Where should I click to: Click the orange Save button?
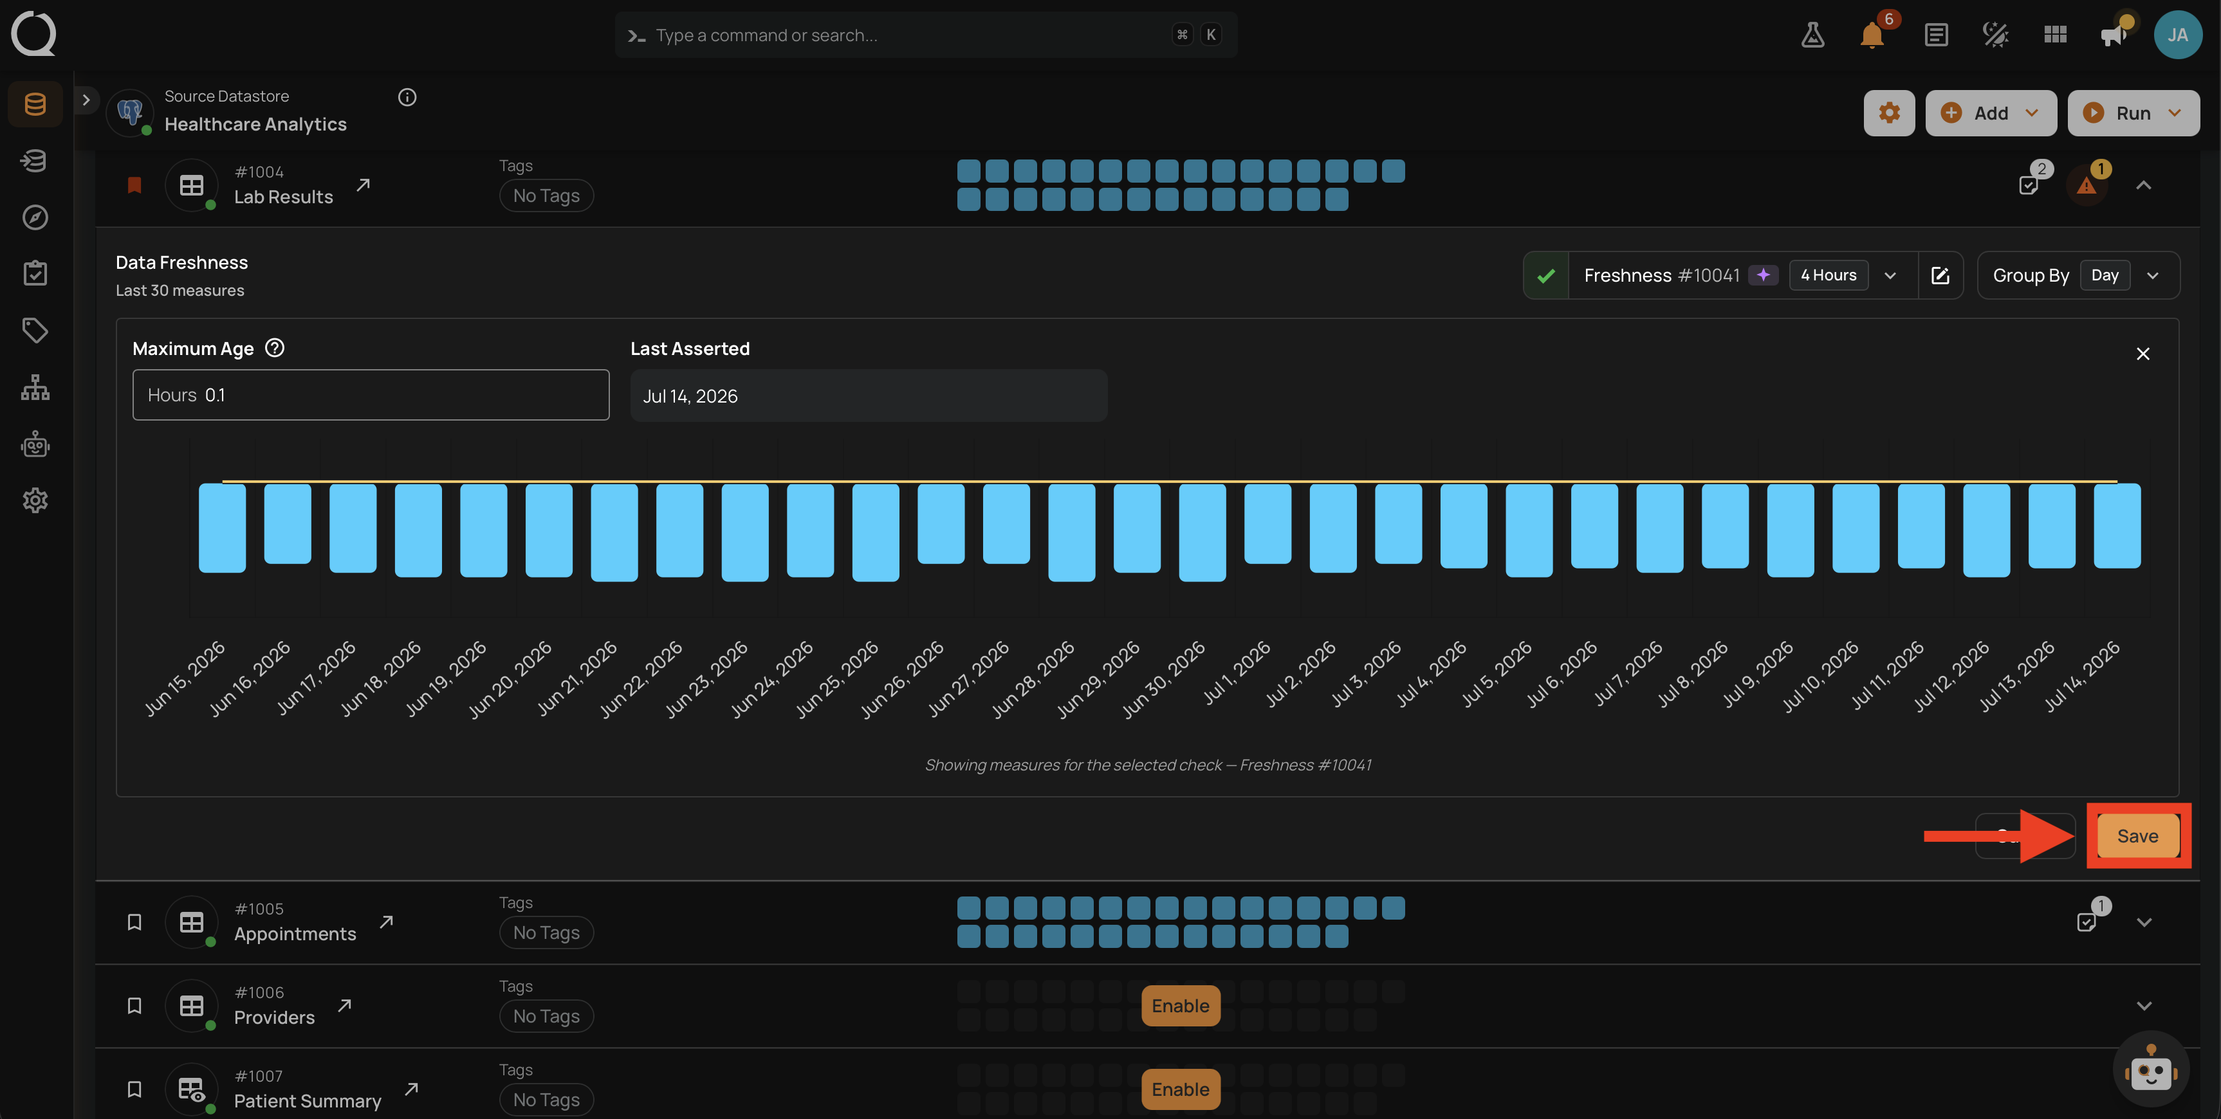point(2137,835)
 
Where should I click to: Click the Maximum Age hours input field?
point(371,395)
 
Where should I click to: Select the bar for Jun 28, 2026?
point(1072,532)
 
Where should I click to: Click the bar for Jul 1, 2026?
point(1267,523)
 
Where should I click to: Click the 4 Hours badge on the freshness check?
point(1828,275)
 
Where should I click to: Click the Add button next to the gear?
point(1990,113)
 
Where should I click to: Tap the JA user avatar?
point(2178,35)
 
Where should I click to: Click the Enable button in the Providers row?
point(1181,1005)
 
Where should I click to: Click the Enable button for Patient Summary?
point(1181,1089)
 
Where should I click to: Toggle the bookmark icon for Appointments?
point(134,922)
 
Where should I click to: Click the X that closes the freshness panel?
point(2143,354)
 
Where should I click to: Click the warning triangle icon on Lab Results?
point(2086,185)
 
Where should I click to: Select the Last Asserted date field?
point(868,396)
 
